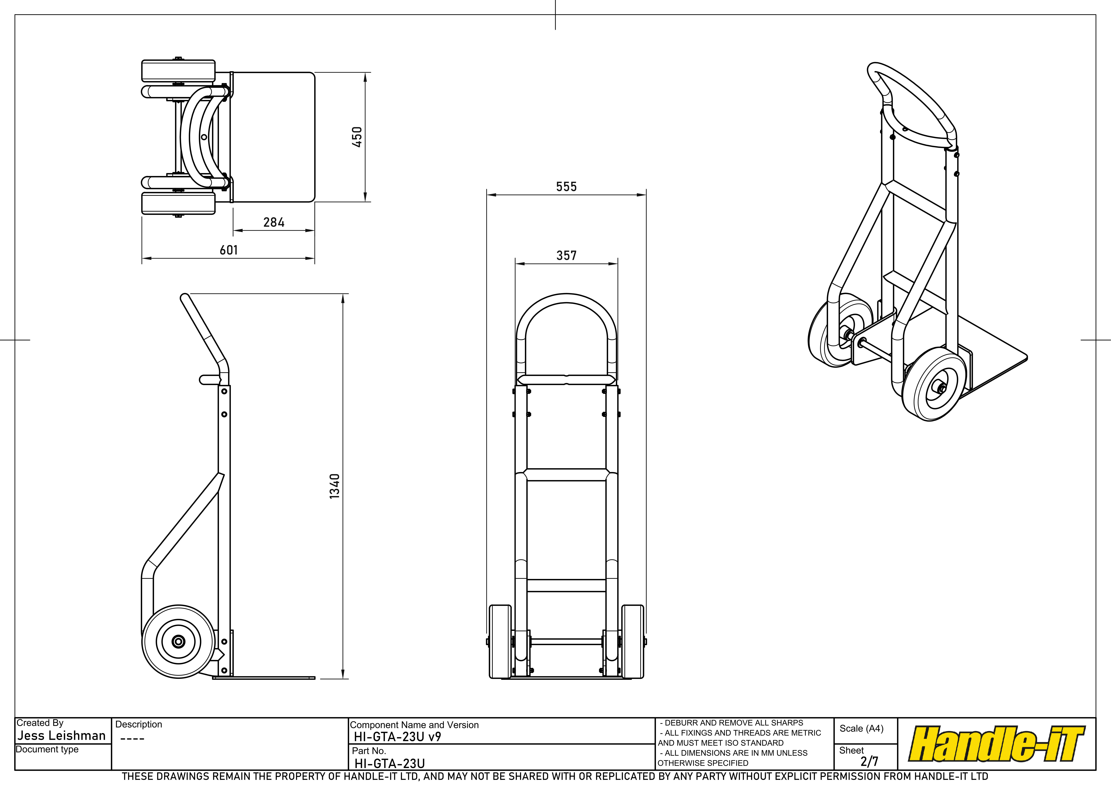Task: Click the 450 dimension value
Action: point(357,137)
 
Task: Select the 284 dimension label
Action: point(274,223)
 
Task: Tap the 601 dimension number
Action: point(229,250)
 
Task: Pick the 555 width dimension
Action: point(567,187)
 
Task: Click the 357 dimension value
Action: point(567,255)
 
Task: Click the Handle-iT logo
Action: point(997,744)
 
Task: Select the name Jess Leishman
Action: point(61,736)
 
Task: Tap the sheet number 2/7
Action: point(869,761)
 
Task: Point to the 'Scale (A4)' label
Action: point(861,728)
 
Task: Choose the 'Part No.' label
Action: point(369,751)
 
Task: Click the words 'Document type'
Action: point(47,749)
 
